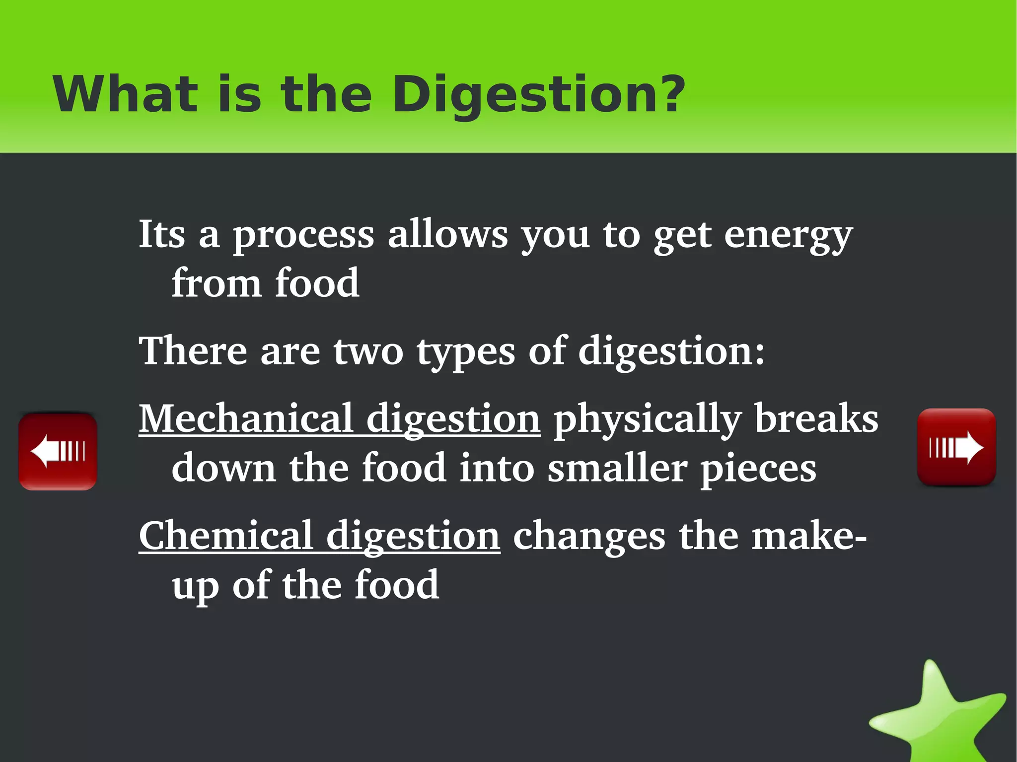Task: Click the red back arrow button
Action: click(x=58, y=451)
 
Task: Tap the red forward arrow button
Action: click(x=956, y=447)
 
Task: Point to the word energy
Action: click(x=788, y=236)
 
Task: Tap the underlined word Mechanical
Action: click(x=246, y=418)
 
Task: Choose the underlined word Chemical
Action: click(x=226, y=536)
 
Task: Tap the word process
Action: click(x=303, y=236)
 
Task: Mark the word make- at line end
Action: click(x=809, y=536)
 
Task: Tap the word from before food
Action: click(x=216, y=283)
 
